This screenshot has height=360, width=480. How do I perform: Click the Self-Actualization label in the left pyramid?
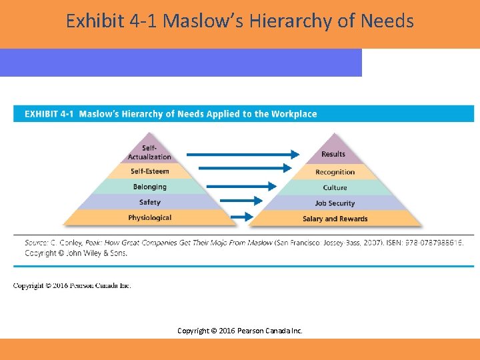click(149, 152)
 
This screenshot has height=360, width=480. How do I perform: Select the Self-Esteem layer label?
click(149, 171)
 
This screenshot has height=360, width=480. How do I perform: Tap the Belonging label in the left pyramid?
click(149, 187)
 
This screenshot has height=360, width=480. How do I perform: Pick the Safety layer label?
click(149, 202)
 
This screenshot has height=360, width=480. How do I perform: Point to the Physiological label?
click(149, 218)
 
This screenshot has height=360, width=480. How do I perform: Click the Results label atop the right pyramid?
click(333, 154)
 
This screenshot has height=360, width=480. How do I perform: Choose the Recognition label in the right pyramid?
click(335, 172)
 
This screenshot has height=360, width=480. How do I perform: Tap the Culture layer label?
click(335, 188)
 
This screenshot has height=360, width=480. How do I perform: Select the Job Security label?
click(335, 203)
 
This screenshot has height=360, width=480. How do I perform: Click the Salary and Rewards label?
click(335, 219)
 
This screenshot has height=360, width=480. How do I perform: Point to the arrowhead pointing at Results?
click(295, 154)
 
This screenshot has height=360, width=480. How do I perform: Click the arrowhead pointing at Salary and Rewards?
click(250, 216)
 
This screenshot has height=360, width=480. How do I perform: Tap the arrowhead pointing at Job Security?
click(260, 199)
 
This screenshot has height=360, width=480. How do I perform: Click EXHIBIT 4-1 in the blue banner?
click(49, 114)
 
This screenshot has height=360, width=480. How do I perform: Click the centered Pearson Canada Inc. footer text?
click(268, 330)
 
